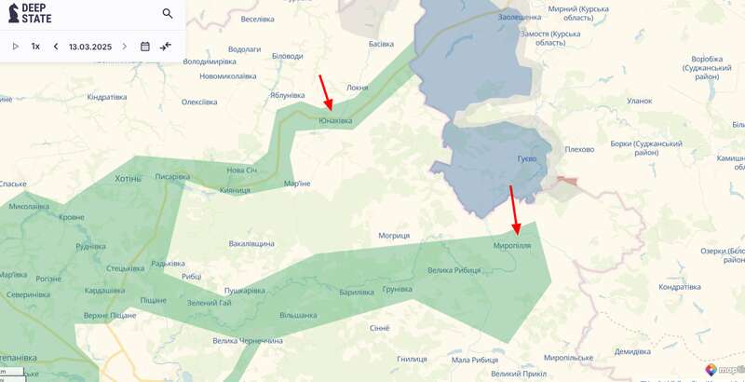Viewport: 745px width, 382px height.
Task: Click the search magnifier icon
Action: pyautogui.click(x=168, y=13)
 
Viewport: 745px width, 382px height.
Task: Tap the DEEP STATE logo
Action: pyautogui.click(x=30, y=13)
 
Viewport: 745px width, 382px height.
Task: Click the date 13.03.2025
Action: pyautogui.click(x=89, y=46)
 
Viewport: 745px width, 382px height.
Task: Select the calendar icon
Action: pyautogui.click(x=145, y=46)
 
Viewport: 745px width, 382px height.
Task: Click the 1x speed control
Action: pyautogui.click(x=35, y=46)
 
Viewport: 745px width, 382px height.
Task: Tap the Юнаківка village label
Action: pyautogui.click(x=335, y=120)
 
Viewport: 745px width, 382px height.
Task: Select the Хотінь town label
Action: pyautogui.click(x=128, y=178)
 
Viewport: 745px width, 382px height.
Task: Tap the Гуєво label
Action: pyautogui.click(x=526, y=158)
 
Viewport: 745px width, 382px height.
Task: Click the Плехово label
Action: pyautogui.click(x=579, y=148)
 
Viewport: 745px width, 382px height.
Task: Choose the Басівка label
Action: pyautogui.click(x=381, y=44)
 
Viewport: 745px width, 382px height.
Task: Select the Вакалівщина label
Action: pyautogui.click(x=251, y=243)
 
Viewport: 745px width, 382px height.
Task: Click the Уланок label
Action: pyautogui.click(x=640, y=101)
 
